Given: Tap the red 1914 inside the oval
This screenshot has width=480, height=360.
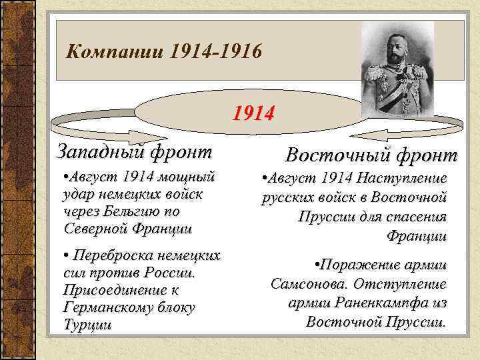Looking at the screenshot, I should pyautogui.click(x=253, y=114).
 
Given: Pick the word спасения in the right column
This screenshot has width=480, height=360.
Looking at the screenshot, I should pyautogui.click(x=413, y=217).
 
